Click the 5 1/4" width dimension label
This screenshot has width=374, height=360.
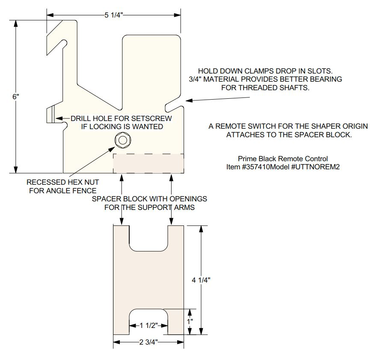[x=113, y=15]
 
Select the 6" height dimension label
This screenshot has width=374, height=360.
[x=16, y=97]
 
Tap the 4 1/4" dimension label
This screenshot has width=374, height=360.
[x=201, y=280]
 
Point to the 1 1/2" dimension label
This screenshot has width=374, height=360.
[x=148, y=325]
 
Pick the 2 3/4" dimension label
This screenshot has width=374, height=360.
[x=148, y=342]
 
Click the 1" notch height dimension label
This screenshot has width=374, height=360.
[x=190, y=322]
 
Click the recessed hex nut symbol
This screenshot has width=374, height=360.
[x=123, y=140]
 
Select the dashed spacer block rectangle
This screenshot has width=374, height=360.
[x=148, y=163]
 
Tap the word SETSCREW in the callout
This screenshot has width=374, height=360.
[x=151, y=118]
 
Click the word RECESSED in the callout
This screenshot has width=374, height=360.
[x=42, y=182]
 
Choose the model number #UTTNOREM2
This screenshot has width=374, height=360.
[x=315, y=167]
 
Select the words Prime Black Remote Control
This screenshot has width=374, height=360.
[x=283, y=159]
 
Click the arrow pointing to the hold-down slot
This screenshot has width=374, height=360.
[x=218, y=99]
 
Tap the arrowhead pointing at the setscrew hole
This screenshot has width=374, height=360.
[x=59, y=118]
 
